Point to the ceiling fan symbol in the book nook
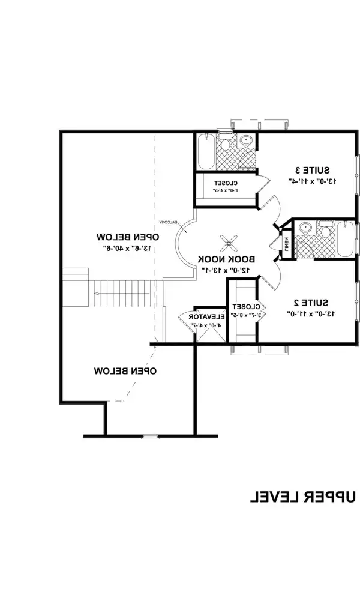tap(227, 243)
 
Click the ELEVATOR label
tap(207, 316)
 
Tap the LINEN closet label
tap(287, 244)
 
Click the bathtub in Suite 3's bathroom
tap(203, 152)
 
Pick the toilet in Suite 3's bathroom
tap(226, 144)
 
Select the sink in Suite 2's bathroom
tap(305, 229)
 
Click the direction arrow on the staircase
tap(98, 294)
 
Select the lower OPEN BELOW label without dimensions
tap(125, 371)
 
